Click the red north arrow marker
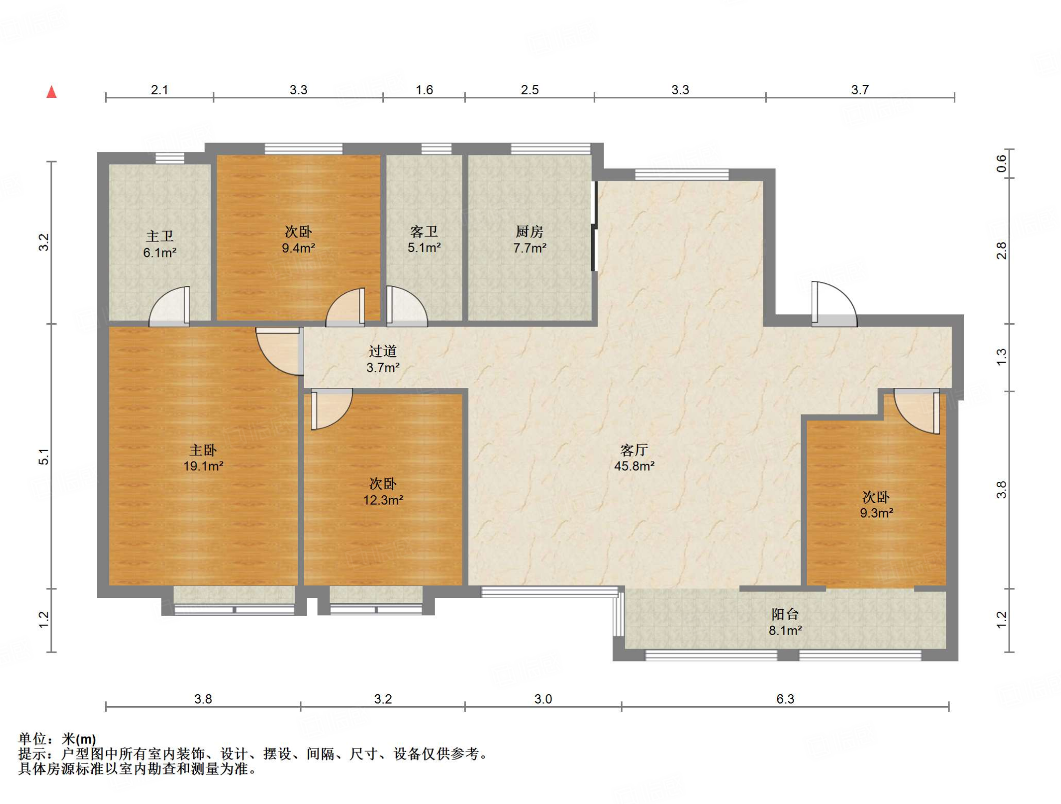pos(51,92)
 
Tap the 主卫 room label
pos(160,236)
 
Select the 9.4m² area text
pos(298,248)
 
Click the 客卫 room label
pos(424,232)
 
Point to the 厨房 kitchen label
pos(529,232)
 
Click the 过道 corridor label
pos(383,351)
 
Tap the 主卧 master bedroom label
pos(203,450)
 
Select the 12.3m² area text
pos(383,500)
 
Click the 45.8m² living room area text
pos(634,466)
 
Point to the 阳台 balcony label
pos(785,614)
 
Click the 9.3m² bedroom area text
pos(876,513)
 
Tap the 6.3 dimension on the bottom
pos(785,699)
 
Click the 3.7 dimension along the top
pos(859,90)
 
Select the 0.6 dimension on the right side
pos(1001,164)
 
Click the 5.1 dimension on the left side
pos(44,456)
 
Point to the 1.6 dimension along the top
pos(424,90)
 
